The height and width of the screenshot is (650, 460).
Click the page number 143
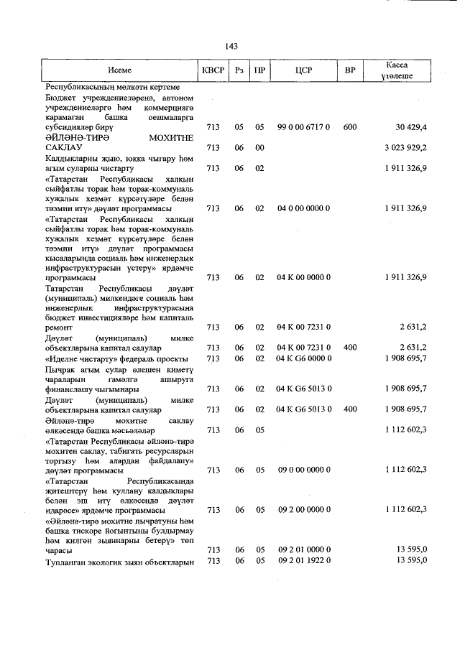point(231,46)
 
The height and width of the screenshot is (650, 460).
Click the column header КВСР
point(213,70)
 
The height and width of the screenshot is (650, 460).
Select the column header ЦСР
point(303,70)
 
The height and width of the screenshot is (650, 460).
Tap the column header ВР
point(350,70)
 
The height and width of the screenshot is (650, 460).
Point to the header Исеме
point(119,70)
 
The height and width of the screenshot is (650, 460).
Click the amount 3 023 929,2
point(406,147)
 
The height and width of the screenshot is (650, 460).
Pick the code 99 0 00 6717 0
point(303,127)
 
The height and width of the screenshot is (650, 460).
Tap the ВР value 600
point(350,127)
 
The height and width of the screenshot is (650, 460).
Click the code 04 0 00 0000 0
point(303,208)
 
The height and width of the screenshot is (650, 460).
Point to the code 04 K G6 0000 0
point(303,358)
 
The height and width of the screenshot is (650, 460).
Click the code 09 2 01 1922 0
point(303,560)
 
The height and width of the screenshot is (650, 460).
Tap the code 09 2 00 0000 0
point(303,509)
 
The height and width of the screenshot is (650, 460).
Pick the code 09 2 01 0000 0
point(303,550)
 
